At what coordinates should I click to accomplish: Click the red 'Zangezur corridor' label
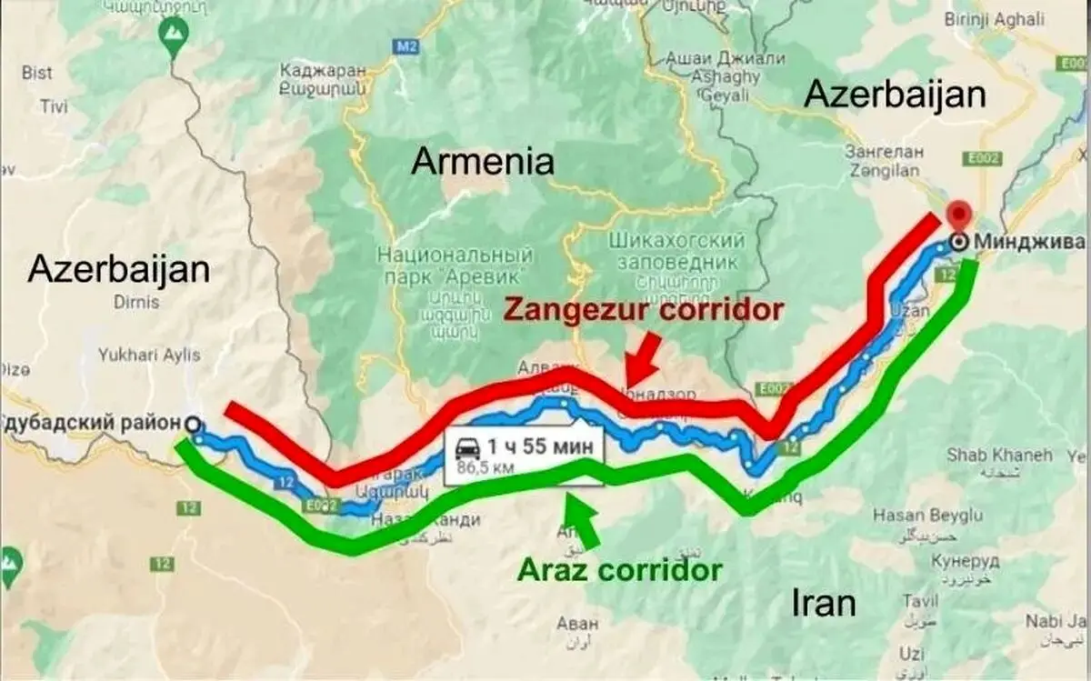coord(643,310)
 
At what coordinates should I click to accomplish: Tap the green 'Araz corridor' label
coord(620,570)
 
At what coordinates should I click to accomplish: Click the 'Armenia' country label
coord(482,162)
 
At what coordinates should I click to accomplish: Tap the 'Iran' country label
coord(822,602)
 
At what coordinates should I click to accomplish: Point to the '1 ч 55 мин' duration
coord(540,446)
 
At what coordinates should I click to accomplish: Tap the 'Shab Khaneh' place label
coord(999,454)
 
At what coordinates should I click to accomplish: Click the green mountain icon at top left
coord(172,33)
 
